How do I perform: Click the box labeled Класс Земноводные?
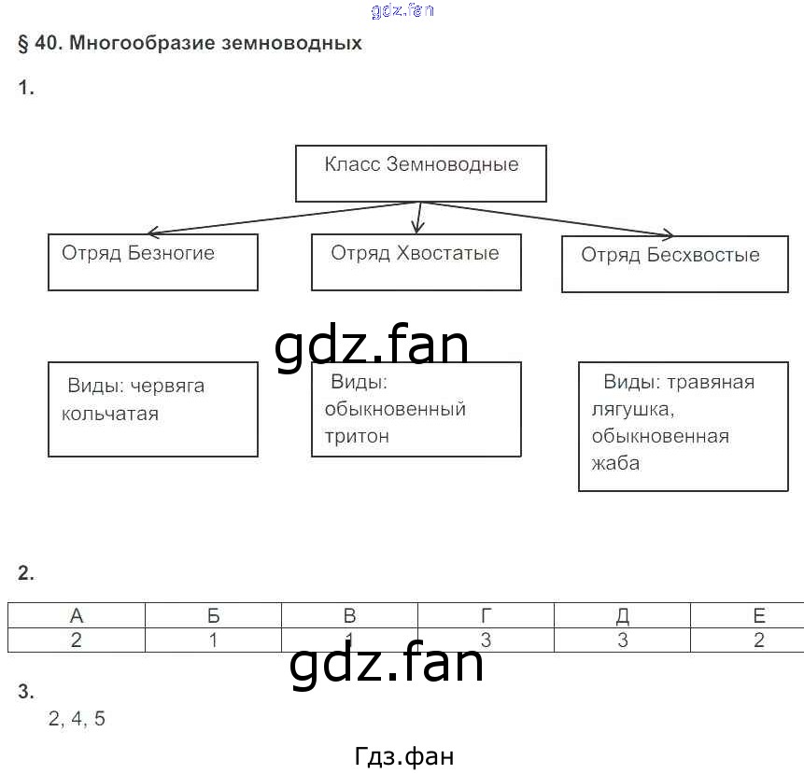point(420,173)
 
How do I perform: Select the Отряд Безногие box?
point(152,261)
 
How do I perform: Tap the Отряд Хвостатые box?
point(416,261)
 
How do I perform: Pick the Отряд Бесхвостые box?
point(674,263)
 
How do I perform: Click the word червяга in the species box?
point(167,386)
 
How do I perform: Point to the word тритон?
point(357,436)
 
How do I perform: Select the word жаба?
point(615,462)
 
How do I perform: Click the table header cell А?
point(77,615)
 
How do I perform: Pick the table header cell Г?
point(486,615)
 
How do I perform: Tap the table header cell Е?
point(758,615)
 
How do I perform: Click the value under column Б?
point(213,640)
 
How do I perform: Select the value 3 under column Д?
point(622,640)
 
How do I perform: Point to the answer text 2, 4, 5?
point(77,719)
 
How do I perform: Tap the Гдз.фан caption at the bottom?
point(404,756)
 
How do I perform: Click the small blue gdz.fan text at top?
point(402,10)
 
